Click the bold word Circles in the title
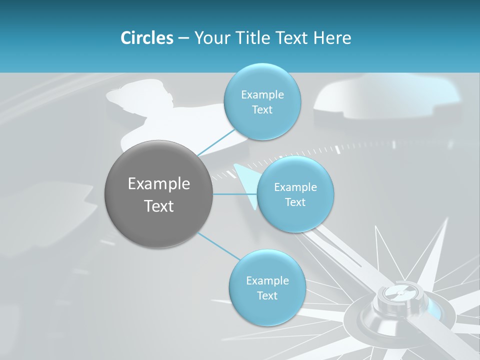point(146,38)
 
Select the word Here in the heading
point(332,38)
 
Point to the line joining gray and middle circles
point(235,194)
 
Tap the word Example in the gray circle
point(159,184)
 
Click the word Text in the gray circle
point(159,206)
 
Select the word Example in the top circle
point(262,95)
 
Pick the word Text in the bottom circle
point(267,295)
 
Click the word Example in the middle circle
point(295,187)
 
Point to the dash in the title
point(183,38)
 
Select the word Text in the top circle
point(262,110)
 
